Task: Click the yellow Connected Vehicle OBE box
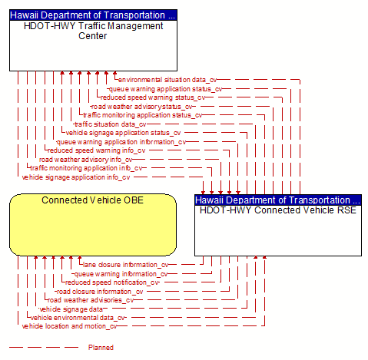[x=93, y=225]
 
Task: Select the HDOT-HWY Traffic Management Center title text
[x=93, y=31]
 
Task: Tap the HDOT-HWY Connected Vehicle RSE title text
[x=278, y=210]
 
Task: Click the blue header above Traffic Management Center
[x=93, y=15]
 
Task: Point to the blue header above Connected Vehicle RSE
[x=278, y=200]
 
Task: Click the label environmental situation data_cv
[x=167, y=80]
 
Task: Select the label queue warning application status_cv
[x=166, y=89]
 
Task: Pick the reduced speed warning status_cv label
[x=153, y=97]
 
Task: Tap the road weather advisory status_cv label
[x=142, y=107]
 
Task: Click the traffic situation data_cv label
[x=111, y=124]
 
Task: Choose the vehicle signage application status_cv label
[x=123, y=133]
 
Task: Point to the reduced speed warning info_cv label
[x=97, y=150]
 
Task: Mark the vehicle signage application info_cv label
[x=76, y=177]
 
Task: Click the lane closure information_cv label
[x=126, y=265]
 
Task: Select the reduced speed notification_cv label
[x=112, y=282]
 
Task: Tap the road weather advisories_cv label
[x=91, y=300]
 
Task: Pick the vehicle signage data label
[x=71, y=309]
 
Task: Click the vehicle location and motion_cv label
[x=69, y=326]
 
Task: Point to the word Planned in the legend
[x=101, y=348]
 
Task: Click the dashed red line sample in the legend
[x=44, y=348]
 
